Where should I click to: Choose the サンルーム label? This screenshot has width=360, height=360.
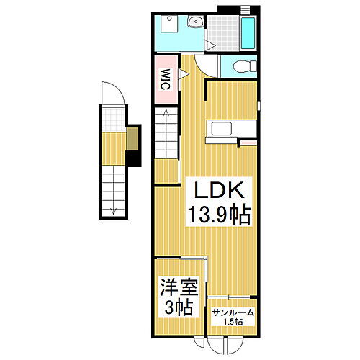click(x=233, y=312)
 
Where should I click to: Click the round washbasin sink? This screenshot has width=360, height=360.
click(x=194, y=23)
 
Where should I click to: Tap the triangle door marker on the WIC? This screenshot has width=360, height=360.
click(x=184, y=73)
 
